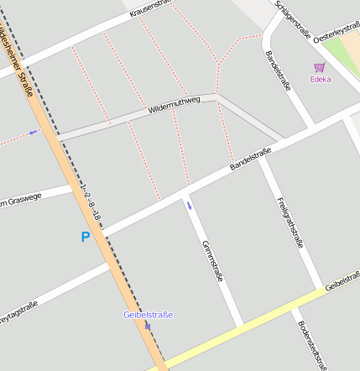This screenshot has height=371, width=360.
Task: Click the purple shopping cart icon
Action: pyautogui.click(x=319, y=67)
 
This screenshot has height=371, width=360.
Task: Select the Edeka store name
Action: pyautogui.click(x=320, y=80)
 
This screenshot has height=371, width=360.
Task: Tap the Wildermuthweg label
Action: pyautogui.click(x=175, y=105)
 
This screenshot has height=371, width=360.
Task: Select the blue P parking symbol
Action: pyautogui.click(x=85, y=238)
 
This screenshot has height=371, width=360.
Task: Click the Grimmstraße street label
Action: pyautogui.click(x=212, y=260)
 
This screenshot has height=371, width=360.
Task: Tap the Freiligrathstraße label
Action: pyautogui.click(x=290, y=222)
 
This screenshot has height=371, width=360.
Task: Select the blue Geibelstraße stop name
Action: pyautogui.click(x=148, y=315)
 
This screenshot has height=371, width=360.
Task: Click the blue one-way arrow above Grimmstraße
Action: pyautogui.click(x=189, y=205)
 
